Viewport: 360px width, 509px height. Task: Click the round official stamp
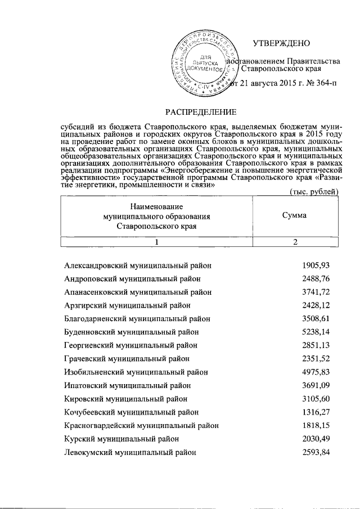point(204,64)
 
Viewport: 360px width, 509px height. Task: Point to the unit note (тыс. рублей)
point(313,192)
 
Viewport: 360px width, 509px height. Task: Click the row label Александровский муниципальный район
point(138,265)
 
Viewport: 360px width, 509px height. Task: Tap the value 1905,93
point(316,265)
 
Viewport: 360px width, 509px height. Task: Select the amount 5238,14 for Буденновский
point(316,332)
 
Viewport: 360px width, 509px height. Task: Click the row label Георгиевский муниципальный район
point(130,345)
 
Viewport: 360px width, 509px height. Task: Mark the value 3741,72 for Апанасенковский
point(316,292)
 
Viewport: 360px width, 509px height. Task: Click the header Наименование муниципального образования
point(157,216)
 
